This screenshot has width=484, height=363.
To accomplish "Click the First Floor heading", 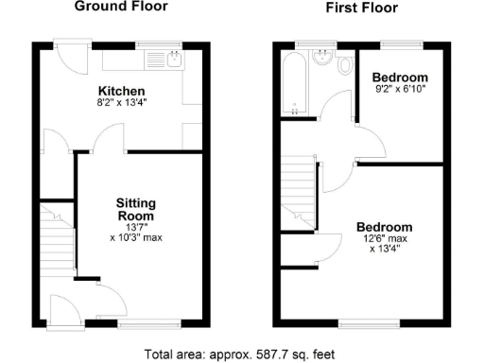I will click(x=362, y=8).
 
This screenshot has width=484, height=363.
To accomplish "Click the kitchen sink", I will click(x=175, y=61).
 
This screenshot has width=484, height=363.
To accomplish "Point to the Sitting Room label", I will click(x=136, y=210).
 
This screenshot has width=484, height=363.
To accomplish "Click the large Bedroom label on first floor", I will click(x=384, y=228).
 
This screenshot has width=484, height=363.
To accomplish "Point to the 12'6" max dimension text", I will click(x=384, y=240).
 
